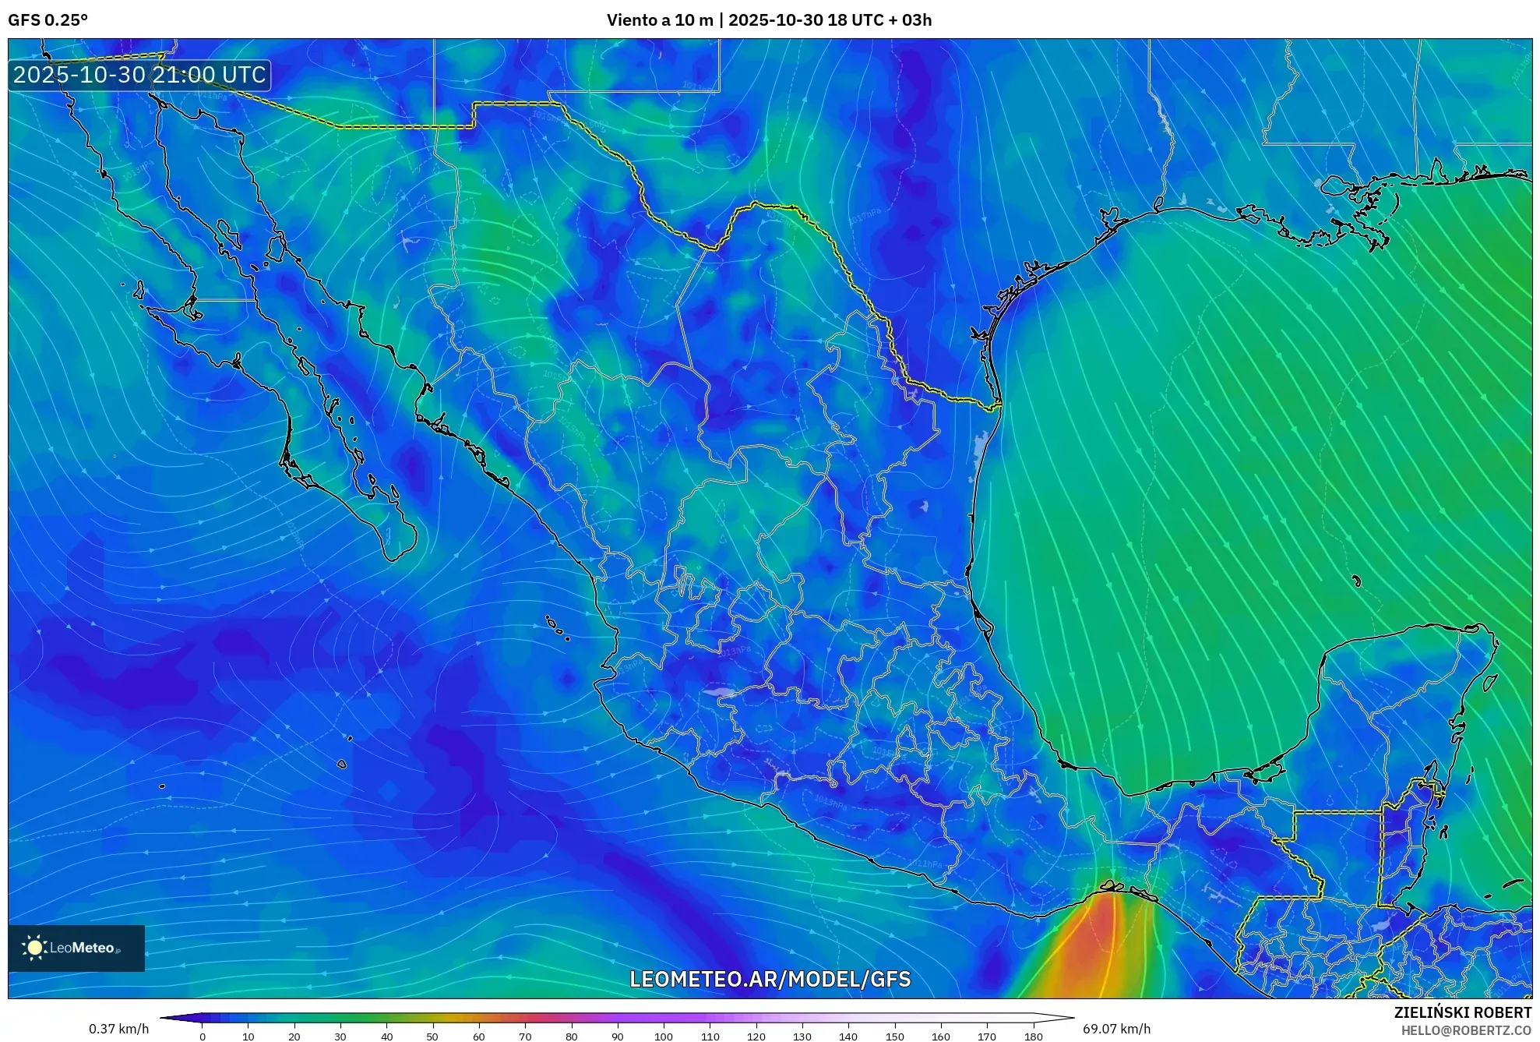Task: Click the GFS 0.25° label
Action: click(48, 20)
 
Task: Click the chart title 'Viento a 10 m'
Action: click(660, 20)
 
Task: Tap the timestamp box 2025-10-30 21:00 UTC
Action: click(139, 75)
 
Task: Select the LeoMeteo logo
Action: click(76, 948)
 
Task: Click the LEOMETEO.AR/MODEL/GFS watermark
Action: click(770, 979)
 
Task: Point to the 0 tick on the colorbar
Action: click(203, 1036)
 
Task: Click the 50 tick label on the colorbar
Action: click(432, 1036)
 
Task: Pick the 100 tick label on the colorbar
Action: click(663, 1036)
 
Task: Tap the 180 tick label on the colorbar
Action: click(1033, 1036)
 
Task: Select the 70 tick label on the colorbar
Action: click(525, 1036)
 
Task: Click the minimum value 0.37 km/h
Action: click(118, 1029)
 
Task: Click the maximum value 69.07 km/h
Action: click(1116, 1029)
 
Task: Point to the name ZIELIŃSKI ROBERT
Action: click(1462, 1012)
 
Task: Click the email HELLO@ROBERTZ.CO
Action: click(1466, 1030)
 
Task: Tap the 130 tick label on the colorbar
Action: click(802, 1036)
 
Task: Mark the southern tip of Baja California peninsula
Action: click(393, 558)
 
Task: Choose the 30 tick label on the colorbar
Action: click(340, 1036)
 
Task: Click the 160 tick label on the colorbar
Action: click(940, 1036)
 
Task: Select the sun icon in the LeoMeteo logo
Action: click(34, 948)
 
